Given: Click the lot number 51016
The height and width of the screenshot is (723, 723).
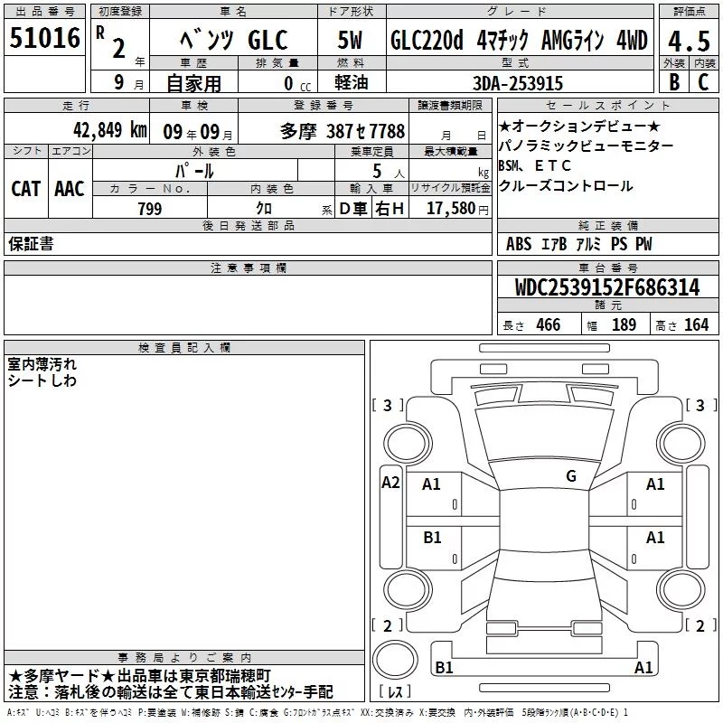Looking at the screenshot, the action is tap(44, 38).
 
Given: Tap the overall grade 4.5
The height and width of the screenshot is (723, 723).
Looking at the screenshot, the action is tap(689, 41).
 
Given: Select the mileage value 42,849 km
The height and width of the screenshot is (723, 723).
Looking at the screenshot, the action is tap(109, 130).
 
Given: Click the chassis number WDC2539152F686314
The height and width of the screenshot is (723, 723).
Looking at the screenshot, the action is tap(607, 287).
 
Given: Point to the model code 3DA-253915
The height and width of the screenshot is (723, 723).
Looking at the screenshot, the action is tap(518, 83).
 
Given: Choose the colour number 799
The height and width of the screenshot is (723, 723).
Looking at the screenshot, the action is tap(150, 209).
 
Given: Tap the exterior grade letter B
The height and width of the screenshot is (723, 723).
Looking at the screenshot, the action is tap(674, 82).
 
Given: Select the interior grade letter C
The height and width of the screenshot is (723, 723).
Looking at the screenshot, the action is tap(703, 82).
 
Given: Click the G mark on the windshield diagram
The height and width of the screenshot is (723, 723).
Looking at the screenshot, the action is tap(571, 476).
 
